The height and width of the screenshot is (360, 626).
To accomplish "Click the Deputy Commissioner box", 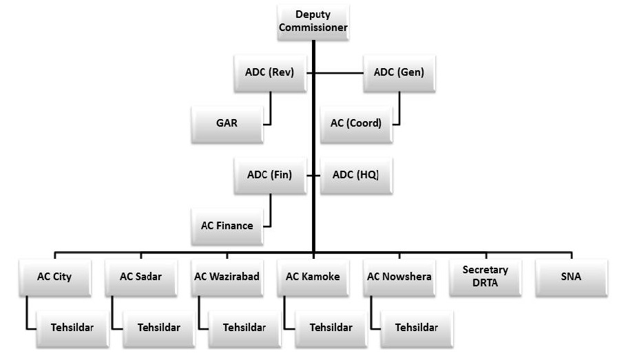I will point(313,22).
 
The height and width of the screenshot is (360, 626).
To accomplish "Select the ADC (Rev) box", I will point(269,72).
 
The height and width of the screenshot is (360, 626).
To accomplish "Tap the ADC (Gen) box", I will point(398,72).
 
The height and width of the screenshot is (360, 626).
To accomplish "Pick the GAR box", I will point(226,124).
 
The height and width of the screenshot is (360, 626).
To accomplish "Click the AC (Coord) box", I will point(355,124).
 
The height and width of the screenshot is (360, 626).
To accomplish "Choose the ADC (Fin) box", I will point(269,175).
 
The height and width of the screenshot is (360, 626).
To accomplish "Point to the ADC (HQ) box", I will point(356,175).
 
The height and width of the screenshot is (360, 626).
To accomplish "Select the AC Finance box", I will point(227,226).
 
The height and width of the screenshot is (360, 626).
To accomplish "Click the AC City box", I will point(54,277).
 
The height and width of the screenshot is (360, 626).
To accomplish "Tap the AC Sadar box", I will point(140,277).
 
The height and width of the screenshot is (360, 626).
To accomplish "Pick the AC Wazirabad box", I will point(227,277).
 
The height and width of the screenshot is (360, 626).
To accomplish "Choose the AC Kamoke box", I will point(313,277).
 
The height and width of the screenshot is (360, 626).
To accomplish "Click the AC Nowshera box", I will point(399,277).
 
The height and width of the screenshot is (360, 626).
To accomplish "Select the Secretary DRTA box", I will point(486,277).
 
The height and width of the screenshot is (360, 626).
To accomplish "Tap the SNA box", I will point(572,277).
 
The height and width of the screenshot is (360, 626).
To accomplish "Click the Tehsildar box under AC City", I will point(72,327).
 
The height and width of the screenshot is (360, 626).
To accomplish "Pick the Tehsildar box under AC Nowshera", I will point(417,327).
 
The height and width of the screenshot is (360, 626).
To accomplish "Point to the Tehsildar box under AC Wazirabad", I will point(244,327).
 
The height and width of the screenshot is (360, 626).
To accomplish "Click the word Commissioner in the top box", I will point(313,28).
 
